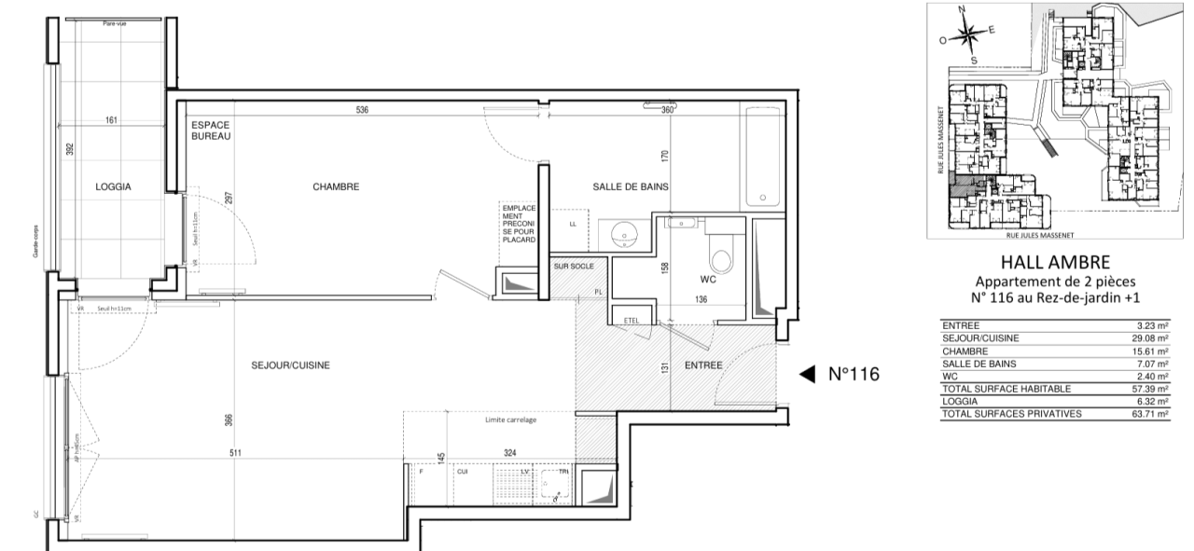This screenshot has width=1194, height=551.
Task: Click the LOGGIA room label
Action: (x=113, y=186)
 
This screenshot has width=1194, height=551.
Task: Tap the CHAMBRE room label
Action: (x=336, y=186)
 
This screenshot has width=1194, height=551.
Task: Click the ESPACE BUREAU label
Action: (x=210, y=131)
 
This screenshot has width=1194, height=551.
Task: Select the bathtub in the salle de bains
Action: (x=763, y=158)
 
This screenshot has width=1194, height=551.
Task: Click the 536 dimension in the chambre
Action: (x=362, y=109)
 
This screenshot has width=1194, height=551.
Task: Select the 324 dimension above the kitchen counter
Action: (x=509, y=453)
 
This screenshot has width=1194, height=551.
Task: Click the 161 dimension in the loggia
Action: (x=113, y=120)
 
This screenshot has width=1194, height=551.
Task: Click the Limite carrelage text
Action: (x=510, y=420)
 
